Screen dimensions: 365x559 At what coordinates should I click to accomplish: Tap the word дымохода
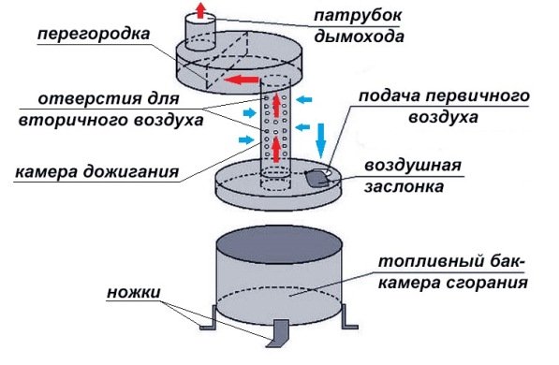click(x=362, y=38)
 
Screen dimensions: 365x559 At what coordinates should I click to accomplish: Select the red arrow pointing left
click(x=244, y=80)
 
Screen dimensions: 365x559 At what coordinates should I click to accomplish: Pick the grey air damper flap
click(x=319, y=177)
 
